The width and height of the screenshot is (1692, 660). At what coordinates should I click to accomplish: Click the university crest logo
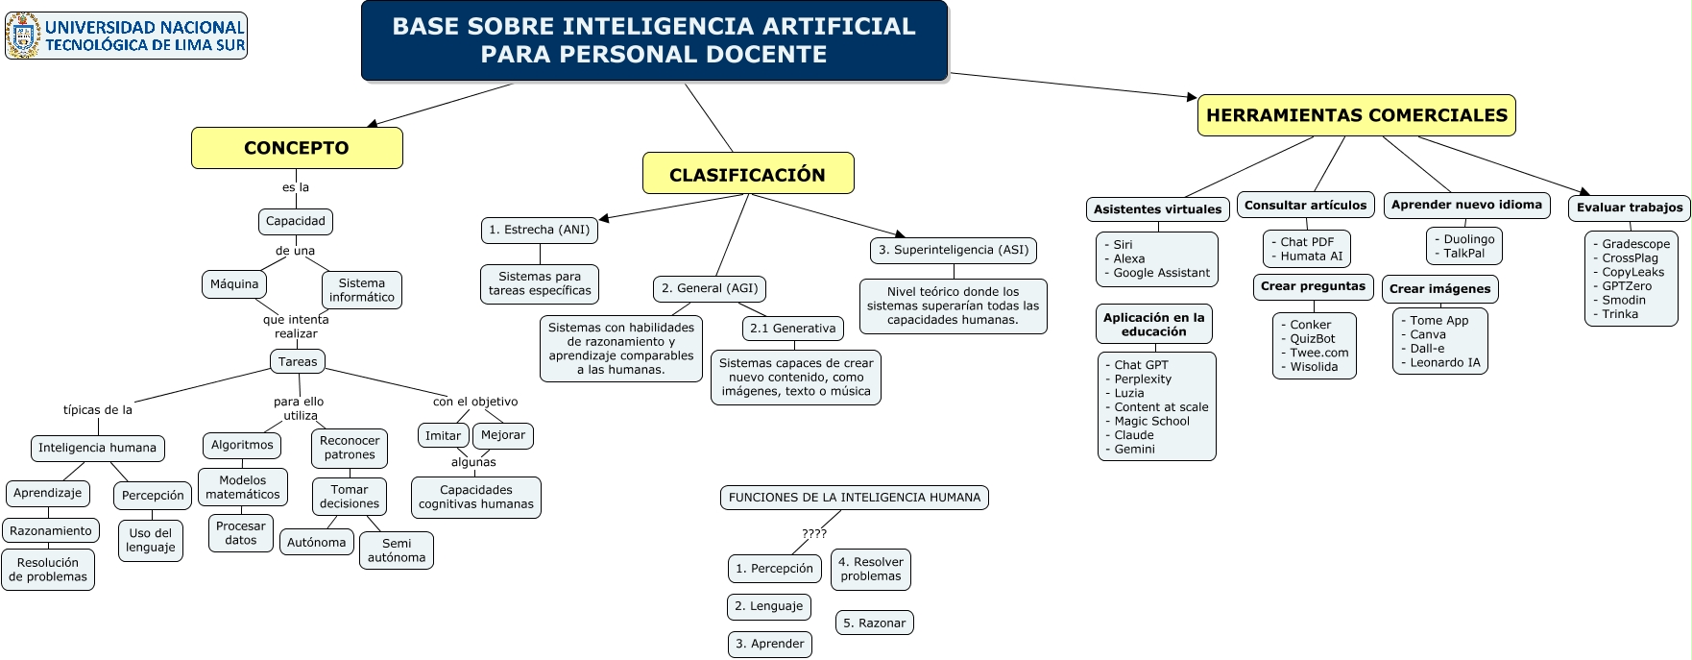pos(23,36)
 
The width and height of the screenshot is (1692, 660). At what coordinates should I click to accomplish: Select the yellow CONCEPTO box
pos(297,148)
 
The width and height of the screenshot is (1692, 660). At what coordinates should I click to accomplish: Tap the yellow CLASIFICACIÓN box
pos(747,174)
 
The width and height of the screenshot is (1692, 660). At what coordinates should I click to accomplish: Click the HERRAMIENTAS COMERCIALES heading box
pos(1356,115)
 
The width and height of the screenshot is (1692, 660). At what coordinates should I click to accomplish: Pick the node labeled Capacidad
pos(296,221)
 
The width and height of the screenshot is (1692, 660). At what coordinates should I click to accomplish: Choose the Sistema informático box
pos(362,290)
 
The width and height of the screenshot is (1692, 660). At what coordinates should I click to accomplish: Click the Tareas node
pos(298,362)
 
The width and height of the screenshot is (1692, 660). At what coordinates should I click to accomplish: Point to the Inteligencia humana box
pos(97,448)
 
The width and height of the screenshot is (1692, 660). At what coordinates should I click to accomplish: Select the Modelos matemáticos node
pos(243,487)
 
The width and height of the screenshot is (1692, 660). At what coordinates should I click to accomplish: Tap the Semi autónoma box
pos(397,550)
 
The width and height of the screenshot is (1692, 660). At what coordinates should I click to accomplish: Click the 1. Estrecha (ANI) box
pos(539,230)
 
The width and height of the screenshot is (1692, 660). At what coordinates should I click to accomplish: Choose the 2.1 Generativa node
pos(792,329)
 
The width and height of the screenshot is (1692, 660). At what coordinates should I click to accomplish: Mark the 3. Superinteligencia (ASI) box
pos(954,250)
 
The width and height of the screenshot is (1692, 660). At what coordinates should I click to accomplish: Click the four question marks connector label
pos(814,533)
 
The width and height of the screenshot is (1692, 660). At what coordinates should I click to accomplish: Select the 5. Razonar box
pos(874,623)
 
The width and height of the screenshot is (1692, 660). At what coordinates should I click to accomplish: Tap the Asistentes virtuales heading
pos(1157,209)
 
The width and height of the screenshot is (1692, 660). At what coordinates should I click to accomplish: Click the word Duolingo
pos(1469,239)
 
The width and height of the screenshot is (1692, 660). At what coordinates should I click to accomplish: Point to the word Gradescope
pos(1635,244)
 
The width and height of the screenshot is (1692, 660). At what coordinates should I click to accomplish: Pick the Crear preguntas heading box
pos(1312,286)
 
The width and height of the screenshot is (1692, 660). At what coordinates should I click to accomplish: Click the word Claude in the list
pos(1134,435)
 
